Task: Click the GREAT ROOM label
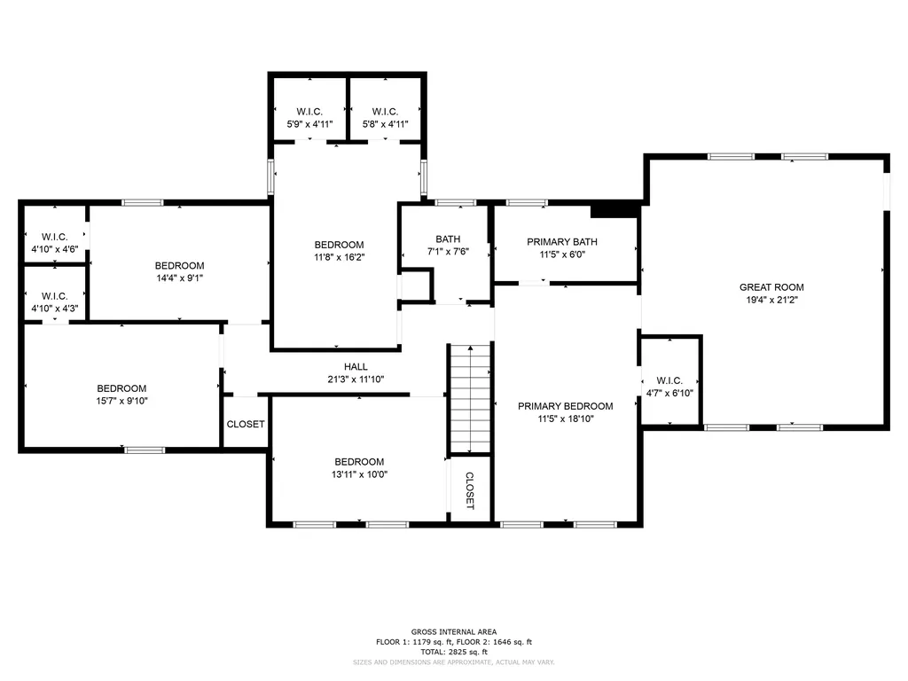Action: (771, 287)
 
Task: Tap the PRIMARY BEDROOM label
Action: (565, 406)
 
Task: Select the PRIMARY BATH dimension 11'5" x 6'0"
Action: (562, 254)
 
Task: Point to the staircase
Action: (470, 399)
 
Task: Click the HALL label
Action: (356, 366)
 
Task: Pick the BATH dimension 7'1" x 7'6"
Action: (448, 251)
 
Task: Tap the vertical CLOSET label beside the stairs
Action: (470, 490)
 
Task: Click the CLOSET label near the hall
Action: (246, 425)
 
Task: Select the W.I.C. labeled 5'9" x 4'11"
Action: (309, 118)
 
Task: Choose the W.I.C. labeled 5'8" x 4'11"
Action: (385, 118)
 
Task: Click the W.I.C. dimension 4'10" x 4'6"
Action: (54, 249)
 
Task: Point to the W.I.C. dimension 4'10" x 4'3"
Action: (54, 309)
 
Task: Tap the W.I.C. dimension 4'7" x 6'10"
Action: (669, 393)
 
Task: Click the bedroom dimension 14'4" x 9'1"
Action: (179, 278)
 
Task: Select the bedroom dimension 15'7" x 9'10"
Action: (121, 401)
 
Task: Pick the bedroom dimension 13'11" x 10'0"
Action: (359, 474)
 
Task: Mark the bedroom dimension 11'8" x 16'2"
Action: (340, 257)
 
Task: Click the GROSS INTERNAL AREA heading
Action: (454, 631)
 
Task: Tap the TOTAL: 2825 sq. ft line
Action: (454, 652)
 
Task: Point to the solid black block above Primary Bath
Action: (614, 209)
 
